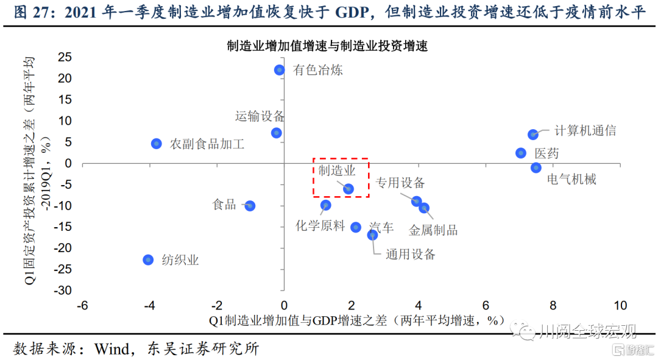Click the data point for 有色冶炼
coord(280,70)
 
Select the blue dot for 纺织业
coord(148,259)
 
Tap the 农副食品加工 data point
coord(157,144)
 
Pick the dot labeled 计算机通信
coord(532,135)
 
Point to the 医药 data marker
coord(521,153)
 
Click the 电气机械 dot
coord(536,168)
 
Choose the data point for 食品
coord(250,206)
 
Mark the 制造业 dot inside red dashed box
coord(348,189)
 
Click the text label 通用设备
coord(411,255)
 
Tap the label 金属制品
coord(433,230)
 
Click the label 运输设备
coord(260,116)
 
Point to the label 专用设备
coord(400,183)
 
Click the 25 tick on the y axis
coord(65,57)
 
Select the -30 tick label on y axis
coord(62,291)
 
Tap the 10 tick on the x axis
coord(620,305)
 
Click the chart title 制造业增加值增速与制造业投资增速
coord(328,46)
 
